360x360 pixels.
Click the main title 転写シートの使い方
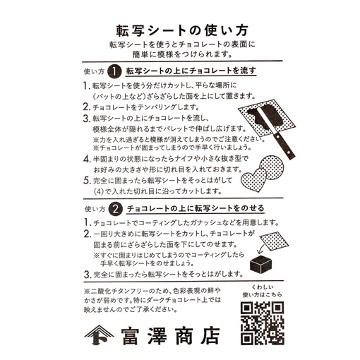point(179,32)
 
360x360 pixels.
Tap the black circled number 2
point(114,208)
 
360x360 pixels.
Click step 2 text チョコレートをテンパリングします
point(141,107)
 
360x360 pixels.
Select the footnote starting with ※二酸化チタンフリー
point(155,303)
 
